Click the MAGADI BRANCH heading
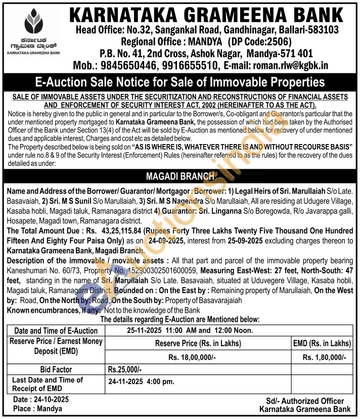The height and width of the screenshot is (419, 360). (179, 177)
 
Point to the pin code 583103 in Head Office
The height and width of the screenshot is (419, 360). (322, 29)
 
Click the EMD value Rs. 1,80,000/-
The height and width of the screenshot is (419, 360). (324, 357)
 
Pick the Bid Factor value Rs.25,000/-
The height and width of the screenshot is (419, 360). (125, 369)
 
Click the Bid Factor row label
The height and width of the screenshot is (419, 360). (56, 369)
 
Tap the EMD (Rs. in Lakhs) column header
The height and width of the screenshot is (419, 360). (322, 343)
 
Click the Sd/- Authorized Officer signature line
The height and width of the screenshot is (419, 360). (304, 401)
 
